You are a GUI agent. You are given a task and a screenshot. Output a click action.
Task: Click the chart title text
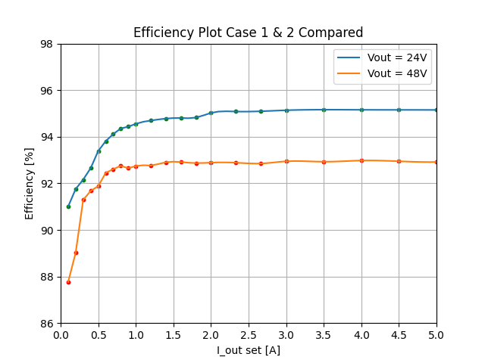click(248, 33)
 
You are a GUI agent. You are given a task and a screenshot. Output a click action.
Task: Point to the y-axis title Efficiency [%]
click(30, 184)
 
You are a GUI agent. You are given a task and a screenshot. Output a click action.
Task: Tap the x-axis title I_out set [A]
click(248, 350)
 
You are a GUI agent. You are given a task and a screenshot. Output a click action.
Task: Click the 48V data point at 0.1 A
click(68, 282)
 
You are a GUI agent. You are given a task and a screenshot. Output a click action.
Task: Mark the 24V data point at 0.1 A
click(68, 206)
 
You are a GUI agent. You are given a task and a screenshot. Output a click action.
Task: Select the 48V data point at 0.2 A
click(76, 253)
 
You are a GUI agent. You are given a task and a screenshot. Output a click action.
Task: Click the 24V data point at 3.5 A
click(324, 110)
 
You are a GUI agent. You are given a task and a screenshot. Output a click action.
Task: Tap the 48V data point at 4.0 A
click(361, 160)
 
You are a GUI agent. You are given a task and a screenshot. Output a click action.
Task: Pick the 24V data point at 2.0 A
click(211, 113)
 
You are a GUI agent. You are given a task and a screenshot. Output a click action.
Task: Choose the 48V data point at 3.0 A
click(286, 161)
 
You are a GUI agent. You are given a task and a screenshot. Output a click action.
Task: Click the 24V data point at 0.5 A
click(99, 151)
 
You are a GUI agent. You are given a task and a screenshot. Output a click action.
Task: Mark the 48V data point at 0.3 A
click(83, 200)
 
